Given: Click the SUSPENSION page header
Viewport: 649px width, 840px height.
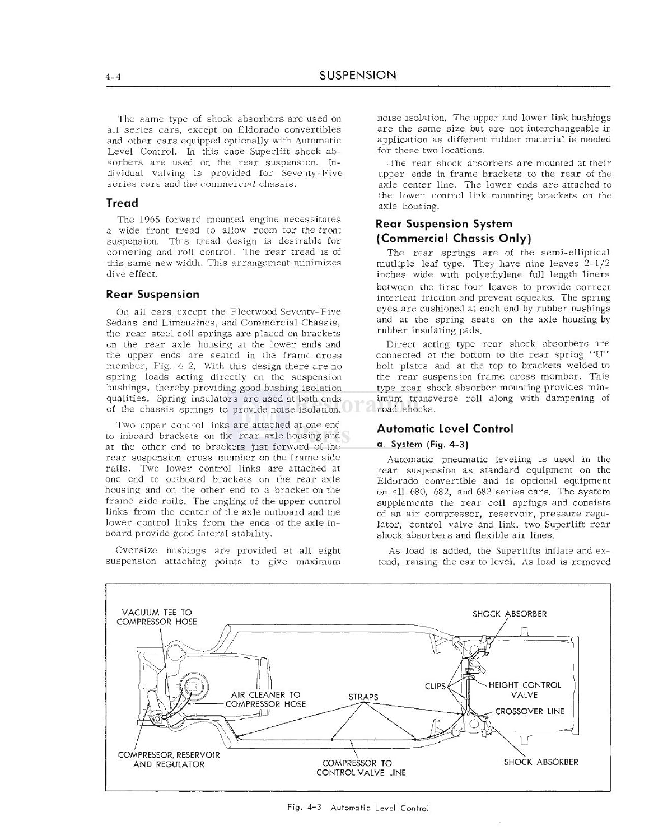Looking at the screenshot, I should click(357, 75).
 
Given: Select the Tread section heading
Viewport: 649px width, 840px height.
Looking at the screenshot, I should click(122, 203).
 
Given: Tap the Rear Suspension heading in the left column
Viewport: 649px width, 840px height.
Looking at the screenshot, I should click(152, 294).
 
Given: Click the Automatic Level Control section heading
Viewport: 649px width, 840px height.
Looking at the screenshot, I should click(445, 429).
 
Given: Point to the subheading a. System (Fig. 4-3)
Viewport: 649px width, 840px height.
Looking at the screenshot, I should click(422, 445).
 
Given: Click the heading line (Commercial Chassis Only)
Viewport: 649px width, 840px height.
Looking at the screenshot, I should click(454, 238).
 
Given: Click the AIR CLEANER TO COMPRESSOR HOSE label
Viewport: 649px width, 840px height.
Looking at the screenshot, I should click(265, 699).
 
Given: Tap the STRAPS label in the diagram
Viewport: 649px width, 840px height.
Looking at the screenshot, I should click(363, 697).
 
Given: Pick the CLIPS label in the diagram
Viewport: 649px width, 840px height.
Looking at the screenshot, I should click(435, 686).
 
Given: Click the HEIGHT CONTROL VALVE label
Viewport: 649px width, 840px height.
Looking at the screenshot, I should click(524, 690).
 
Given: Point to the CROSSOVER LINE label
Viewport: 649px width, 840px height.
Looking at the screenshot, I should click(530, 711).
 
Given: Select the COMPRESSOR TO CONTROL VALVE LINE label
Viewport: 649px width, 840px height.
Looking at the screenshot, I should click(360, 768).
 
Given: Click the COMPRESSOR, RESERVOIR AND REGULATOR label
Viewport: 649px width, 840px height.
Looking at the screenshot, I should click(169, 759).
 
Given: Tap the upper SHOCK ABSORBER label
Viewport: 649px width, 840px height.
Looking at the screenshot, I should click(509, 614).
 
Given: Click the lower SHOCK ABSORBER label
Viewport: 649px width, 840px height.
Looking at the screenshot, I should click(540, 762).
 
